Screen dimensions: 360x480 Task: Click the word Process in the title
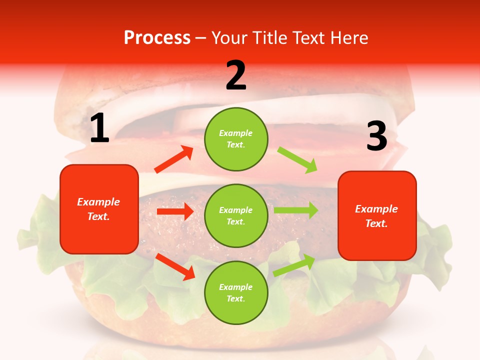157,38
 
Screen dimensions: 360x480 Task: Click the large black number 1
99,128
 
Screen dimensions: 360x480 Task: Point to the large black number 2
236,75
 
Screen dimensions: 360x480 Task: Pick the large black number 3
376,136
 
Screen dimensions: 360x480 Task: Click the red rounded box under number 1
99,209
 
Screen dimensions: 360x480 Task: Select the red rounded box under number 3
377,215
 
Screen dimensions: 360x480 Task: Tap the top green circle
236,139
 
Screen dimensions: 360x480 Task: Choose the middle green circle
236,215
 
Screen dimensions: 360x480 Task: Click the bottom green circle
236,292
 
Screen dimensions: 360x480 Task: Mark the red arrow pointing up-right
174,159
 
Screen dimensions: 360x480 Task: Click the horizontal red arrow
175,212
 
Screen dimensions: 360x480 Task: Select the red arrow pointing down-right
175,266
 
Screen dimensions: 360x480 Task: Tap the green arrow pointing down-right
297,159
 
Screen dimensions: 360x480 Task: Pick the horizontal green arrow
296,210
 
